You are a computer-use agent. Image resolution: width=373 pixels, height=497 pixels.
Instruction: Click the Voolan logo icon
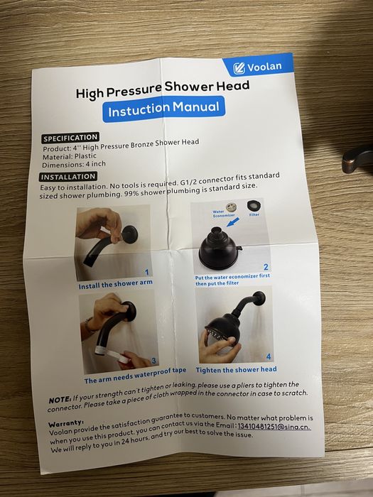[x=239, y=68]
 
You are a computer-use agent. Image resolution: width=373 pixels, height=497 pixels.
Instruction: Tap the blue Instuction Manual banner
[x=163, y=109]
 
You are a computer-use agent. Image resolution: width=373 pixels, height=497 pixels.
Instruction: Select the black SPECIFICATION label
[x=70, y=138]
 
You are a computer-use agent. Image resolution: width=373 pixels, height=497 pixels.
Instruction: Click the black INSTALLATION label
[x=68, y=177]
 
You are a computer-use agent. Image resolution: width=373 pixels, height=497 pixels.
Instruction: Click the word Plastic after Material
[x=85, y=156]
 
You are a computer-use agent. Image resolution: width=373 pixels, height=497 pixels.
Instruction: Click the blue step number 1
[x=146, y=272]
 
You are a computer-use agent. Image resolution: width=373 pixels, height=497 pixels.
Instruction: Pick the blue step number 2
[x=266, y=267]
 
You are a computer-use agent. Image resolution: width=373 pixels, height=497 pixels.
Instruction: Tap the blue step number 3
[x=153, y=361]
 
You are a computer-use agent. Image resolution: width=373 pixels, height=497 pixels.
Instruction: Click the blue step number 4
[x=269, y=356]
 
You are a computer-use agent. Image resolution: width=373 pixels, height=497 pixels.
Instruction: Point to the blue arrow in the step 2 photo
[x=233, y=222]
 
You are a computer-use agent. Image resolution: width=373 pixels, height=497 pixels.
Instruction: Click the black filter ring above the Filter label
[x=254, y=207]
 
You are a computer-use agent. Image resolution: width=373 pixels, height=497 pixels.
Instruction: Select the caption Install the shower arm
[x=115, y=284]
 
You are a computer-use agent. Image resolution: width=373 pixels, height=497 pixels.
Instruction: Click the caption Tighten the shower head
[x=236, y=370]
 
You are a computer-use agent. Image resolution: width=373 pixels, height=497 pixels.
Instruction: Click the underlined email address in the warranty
[x=274, y=427]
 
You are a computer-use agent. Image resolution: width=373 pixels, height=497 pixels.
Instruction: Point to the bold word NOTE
[x=60, y=400]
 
